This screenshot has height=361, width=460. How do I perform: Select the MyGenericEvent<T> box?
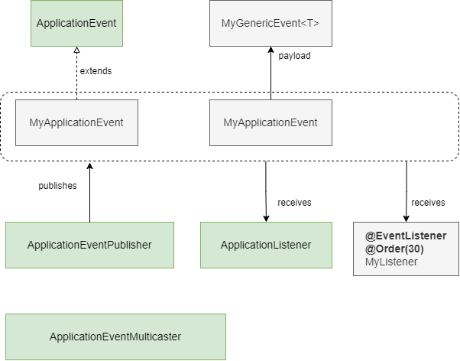[270, 23]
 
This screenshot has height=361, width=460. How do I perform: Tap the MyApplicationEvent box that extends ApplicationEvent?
[76, 122]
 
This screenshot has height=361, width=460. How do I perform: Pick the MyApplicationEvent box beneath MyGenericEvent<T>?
[270, 122]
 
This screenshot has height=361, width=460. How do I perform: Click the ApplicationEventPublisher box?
[89, 245]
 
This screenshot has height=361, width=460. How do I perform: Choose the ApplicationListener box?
[266, 245]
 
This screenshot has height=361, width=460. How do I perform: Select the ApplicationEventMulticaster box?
[115, 336]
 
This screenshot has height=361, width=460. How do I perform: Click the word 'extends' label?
[96, 71]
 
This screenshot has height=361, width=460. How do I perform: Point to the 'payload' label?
[294, 56]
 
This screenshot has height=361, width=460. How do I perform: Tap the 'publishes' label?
[58, 186]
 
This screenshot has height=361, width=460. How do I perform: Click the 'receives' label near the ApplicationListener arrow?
[294, 203]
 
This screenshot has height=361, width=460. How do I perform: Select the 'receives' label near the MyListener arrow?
[428, 203]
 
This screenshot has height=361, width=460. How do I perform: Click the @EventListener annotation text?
[405, 236]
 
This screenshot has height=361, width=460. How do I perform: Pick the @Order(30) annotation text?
[394, 249]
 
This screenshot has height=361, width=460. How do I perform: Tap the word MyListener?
[391, 262]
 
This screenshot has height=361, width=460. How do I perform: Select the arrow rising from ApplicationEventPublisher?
[89, 195]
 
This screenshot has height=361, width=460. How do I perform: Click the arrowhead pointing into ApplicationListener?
[266, 218]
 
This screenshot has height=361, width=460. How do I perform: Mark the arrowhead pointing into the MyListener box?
[406, 218]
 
